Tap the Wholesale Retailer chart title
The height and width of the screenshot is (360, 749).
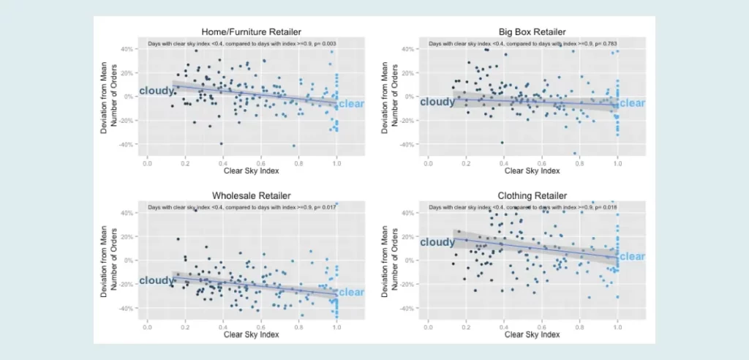(242, 195)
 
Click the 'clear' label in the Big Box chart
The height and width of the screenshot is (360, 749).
(632, 103)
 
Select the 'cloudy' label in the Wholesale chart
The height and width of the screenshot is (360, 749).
(156, 280)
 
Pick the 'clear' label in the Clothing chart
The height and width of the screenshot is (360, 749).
(632, 257)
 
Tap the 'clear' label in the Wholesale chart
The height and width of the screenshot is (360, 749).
(351, 293)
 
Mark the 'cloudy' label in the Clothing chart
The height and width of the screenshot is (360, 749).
(437, 242)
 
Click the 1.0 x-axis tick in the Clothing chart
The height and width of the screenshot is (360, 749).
(617, 326)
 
